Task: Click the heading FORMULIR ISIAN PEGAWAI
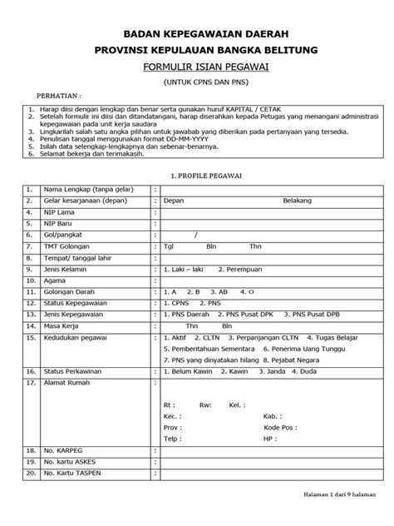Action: pyautogui.click(x=198, y=67)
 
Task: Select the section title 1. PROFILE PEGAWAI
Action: pyautogui.click(x=198, y=176)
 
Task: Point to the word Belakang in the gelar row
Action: pyautogui.click(x=297, y=201)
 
